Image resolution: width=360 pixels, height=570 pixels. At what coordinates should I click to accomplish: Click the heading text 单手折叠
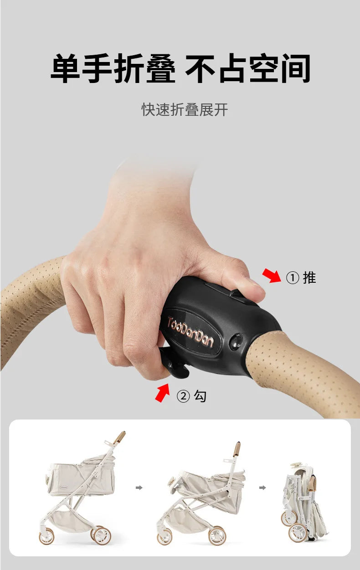point(113,69)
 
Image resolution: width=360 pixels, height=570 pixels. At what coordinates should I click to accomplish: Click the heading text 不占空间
point(248,69)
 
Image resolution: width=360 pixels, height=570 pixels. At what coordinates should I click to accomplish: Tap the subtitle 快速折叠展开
point(185,110)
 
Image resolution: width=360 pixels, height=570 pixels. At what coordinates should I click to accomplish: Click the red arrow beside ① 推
point(272,275)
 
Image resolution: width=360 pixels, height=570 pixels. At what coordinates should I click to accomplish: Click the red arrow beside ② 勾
point(162,393)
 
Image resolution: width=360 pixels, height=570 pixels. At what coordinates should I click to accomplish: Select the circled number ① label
point(292,278)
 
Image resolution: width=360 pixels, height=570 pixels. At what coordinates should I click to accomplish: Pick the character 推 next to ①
point(309,278)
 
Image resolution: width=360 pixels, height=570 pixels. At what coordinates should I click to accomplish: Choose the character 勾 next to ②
point(200,396)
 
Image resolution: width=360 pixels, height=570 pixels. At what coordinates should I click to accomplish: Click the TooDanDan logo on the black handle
point(190,332)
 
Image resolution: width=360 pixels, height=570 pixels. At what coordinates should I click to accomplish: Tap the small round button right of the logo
point(237,341)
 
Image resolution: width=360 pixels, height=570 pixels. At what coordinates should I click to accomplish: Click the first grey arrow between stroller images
point(139,487)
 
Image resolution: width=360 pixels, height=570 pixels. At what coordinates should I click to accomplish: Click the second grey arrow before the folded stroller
point(262,487)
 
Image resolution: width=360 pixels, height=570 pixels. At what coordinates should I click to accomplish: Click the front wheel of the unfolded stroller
point(47,536)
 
